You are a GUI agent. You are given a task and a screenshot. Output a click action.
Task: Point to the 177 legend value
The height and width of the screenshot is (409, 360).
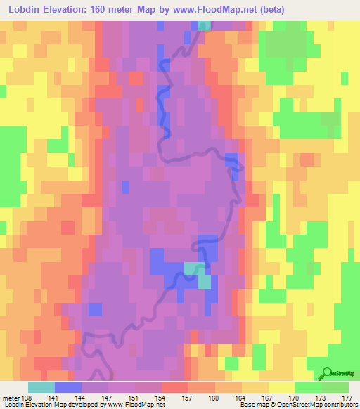coord(346,398)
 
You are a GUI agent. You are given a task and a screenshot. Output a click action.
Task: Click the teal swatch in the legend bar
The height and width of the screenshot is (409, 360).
coord(41,387)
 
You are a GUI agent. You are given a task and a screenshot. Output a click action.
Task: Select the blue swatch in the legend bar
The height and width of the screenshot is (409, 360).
coord(68,387)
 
